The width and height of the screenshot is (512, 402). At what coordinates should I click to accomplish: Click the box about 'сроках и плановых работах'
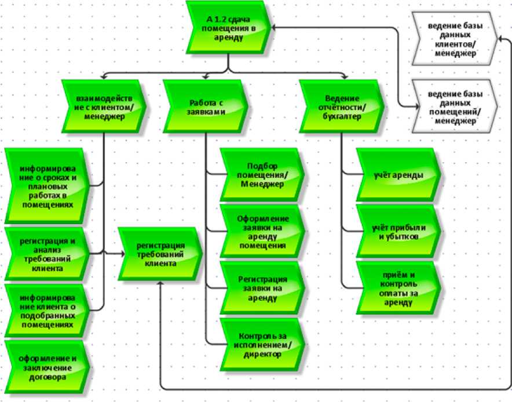tap(46, 185)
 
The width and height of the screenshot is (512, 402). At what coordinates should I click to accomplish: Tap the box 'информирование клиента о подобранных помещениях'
tap(46, 310)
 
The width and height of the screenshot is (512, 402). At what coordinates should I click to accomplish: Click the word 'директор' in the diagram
tap(264, 354)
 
